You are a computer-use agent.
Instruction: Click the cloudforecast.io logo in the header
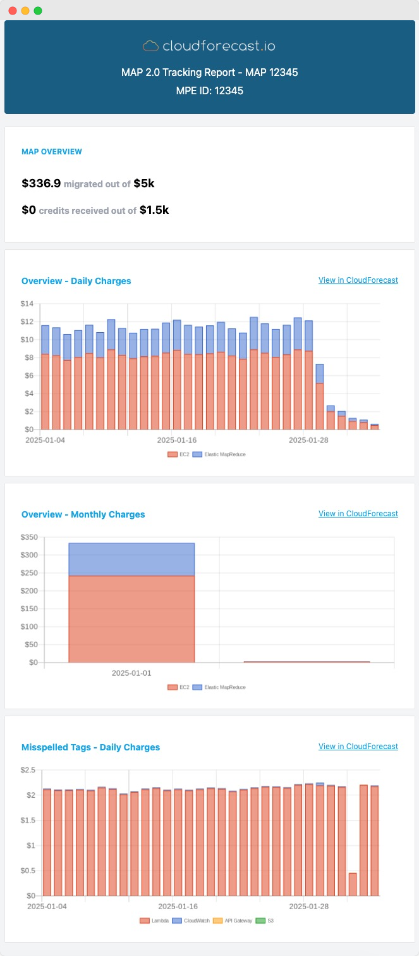[x=209, y=46]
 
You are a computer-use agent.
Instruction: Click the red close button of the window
[x=13, y=11]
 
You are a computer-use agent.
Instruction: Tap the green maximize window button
[x=38, y=11]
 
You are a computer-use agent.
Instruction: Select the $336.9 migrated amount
[x=41, y=183]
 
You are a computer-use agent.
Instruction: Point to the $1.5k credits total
[x=154, y=209]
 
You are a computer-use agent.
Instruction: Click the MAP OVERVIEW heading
[x=52, y=152]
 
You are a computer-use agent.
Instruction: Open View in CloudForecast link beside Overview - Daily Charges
[x=358, y=280]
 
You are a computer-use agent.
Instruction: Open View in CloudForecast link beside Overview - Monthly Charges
[x=358, y=514]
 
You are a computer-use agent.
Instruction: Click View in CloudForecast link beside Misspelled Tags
[x=358, y=747]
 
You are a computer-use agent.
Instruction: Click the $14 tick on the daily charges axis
[x=27, y=304]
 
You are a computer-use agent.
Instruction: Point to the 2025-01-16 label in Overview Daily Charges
[x=177, y=439]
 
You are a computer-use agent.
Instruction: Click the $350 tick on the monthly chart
[x=29, y=538]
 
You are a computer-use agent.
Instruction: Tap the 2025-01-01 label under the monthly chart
[x=131, y=673]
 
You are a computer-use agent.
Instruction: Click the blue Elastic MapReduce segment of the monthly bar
[x=131, y=559]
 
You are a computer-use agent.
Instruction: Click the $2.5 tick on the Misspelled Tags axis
[x=28, y=770]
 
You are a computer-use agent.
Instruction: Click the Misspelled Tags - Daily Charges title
[x=90, y=747]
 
